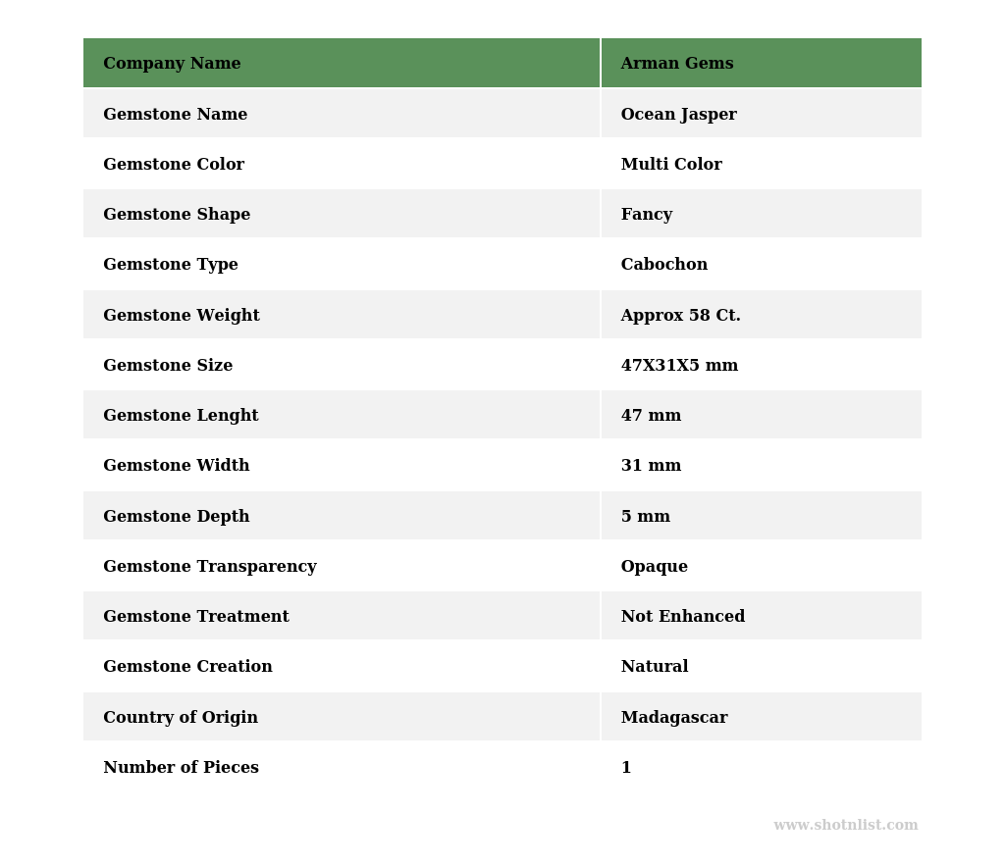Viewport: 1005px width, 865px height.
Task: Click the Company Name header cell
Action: (172, 64)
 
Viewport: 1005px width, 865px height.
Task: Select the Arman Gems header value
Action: (676, 64)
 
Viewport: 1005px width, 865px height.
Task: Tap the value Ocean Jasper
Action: (678, 115)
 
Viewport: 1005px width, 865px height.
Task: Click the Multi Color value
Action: (670, 165)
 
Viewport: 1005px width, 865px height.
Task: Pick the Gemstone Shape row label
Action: (177, 215)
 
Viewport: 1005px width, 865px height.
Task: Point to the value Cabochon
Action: (663, 265)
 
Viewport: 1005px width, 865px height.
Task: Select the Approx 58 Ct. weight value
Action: (680, 316)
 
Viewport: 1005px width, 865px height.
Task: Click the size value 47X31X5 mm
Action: (679, 366)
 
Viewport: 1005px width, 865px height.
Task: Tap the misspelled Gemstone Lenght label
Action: (181, 416)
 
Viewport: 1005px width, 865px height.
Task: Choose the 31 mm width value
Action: (651, 466)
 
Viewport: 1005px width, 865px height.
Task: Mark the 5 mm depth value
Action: (645, 517)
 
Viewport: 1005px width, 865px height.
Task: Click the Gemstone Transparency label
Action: (209, 567)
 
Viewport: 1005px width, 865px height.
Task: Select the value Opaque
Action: (654, 567)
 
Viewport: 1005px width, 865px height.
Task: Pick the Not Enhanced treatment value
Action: (682, 617)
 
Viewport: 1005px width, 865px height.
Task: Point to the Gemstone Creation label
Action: (187, 667)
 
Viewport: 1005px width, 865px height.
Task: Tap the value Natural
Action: (654, 667)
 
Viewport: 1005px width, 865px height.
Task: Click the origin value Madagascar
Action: (673, 718)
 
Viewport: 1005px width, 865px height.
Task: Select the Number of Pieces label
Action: (181, 768)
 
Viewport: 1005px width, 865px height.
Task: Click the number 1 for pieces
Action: (626, 768)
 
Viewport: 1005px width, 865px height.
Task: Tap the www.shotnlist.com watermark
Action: (845, 826)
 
